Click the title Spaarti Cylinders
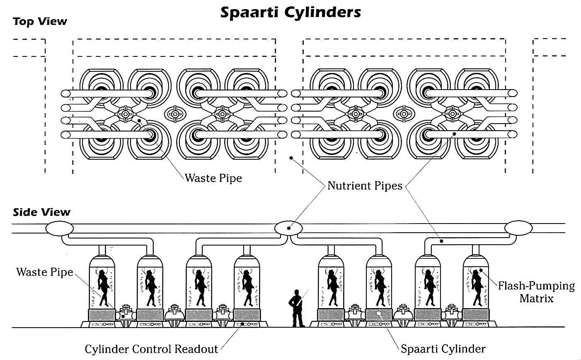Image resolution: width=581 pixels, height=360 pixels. point(290,12)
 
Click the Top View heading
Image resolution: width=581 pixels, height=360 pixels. point(40,21)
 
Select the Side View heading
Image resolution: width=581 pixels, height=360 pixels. point(41,212)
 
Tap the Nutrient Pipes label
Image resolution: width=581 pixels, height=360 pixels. point(365,185)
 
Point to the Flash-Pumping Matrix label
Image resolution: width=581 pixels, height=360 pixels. point(536,292)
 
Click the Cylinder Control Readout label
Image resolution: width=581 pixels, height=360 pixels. point(151,349)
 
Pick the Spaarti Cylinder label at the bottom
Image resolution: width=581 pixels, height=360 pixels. point(443,349)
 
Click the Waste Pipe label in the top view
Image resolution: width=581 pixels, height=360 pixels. point(213,178)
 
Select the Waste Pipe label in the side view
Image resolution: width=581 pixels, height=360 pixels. point(44,272)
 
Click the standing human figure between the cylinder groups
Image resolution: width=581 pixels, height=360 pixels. point(297,307)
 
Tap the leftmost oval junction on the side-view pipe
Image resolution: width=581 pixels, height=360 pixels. point(59,228)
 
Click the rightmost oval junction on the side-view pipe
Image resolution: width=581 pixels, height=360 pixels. point(518,228)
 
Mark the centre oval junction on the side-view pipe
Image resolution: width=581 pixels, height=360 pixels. point(288,228)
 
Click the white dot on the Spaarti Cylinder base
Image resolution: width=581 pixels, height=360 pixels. point(378,314)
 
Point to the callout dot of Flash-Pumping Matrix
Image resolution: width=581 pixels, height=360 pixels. point(482,271)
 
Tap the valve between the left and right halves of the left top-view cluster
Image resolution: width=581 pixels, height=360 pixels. point(174,113)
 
